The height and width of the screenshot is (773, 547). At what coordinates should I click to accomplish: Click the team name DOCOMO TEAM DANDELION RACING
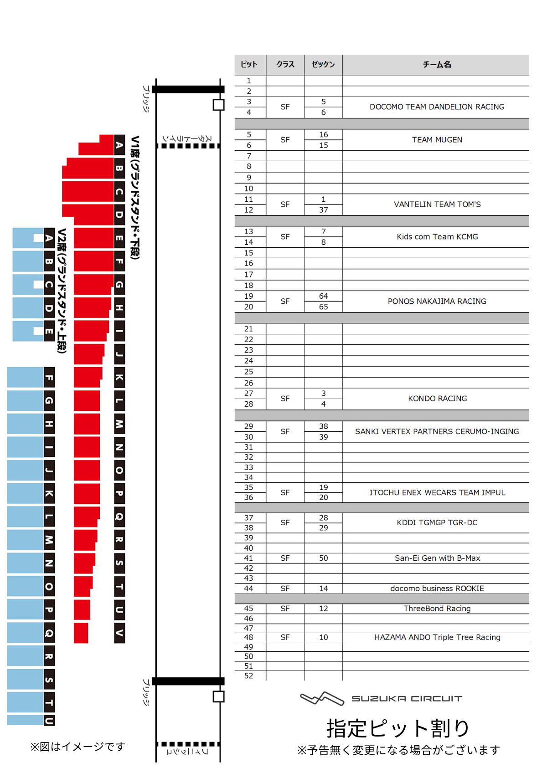click(x=437, y=107)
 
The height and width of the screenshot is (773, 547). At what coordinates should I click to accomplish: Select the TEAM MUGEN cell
click(x=437, y=140)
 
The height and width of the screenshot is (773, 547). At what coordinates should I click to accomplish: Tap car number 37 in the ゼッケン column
click(x=323, y=210)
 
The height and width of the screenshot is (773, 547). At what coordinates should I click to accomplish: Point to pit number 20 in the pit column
click(x=248, y=307)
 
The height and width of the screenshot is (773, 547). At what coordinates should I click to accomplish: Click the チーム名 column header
click(x=437, y=65)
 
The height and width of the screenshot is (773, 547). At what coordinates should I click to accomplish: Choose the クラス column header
click(x=285, y=65)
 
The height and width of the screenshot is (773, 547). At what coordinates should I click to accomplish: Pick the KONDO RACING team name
click(x=437, y=399)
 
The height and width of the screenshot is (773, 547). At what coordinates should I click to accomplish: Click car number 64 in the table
click(x=323, y=296)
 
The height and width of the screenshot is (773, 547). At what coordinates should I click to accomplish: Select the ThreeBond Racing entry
click(x=437, y=609)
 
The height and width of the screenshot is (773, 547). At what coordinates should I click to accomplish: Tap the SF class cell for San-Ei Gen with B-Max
click(x=285, y=558)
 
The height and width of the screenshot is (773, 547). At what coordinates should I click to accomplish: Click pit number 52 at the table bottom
click(x=248, y=676)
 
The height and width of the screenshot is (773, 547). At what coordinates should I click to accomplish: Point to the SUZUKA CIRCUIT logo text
click(x=407, y=699)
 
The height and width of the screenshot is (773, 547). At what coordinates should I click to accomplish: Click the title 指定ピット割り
click(x=397, y=728)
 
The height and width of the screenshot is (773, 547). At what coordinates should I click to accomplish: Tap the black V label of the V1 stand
click(x=119, y=633)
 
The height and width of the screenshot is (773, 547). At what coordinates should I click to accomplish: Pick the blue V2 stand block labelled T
click(x=26, y=702)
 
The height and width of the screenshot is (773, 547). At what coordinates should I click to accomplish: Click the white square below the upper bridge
click(x=219, y=105)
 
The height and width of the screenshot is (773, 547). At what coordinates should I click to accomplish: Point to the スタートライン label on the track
click(x=187, y=138)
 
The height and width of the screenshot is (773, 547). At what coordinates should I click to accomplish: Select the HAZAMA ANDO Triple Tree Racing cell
click(x=437, y=637)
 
